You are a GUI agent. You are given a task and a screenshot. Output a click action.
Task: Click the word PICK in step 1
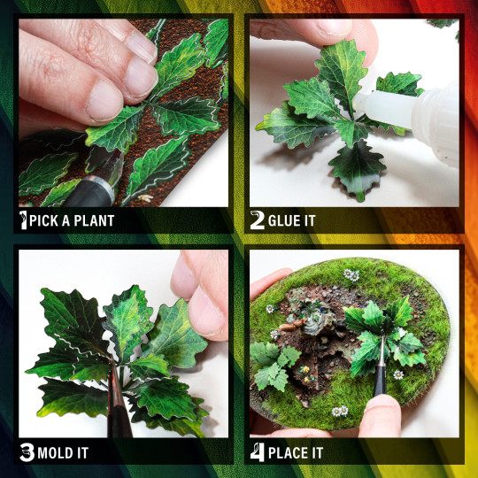[x=42, y=220]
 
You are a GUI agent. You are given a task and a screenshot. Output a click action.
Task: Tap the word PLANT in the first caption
[x=91, y=220]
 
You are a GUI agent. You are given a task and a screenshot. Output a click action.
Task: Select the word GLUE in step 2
[x=284, y=220]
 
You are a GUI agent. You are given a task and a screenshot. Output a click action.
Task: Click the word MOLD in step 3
[x=55, y=454]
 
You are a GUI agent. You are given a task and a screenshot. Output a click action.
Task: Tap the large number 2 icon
[x=257, y=220]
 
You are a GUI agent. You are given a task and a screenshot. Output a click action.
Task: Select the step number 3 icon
[x=26, y=454]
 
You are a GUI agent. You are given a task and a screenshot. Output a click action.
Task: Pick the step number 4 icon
[x=256, y=454]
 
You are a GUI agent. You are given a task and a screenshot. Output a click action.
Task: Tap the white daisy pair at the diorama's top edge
[x=351, y=275]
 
